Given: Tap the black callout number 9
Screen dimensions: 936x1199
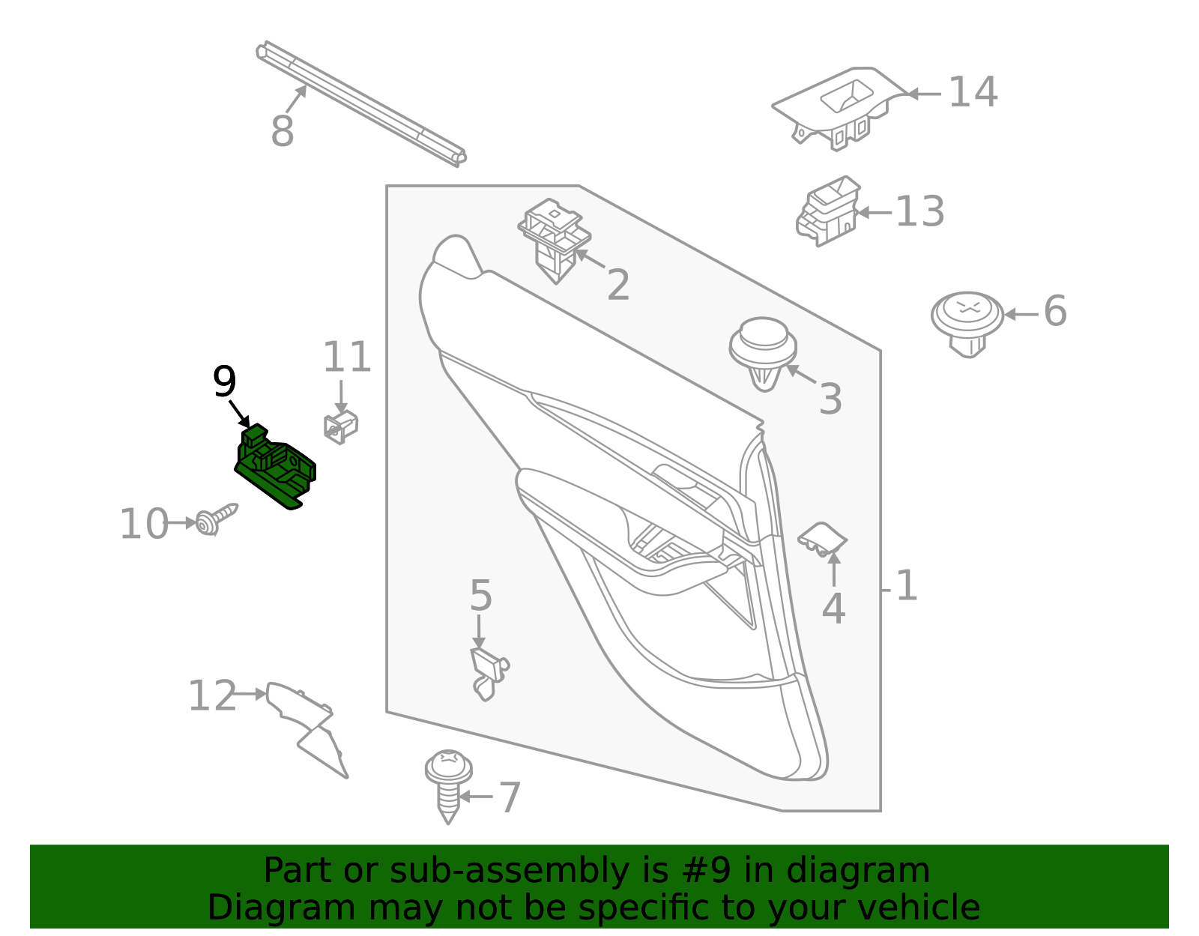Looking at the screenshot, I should click(x=225, y=382).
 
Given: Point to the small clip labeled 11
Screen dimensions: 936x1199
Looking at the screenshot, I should click(x=341, y=426).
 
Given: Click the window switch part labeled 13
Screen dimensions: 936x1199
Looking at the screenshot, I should click(x=828, y=211).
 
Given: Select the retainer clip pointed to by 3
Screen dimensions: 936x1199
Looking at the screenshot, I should click(x=763, y=352).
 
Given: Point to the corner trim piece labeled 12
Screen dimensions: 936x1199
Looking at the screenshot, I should click(x=307, y=723).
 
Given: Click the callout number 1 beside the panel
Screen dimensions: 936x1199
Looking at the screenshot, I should click(x=906, y=586).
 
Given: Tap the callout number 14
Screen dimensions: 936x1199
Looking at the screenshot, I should click(x=973, y=93).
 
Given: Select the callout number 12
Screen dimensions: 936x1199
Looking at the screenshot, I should click(x=211, y=696).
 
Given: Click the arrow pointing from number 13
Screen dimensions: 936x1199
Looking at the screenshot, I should click(x=874, y=213).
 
